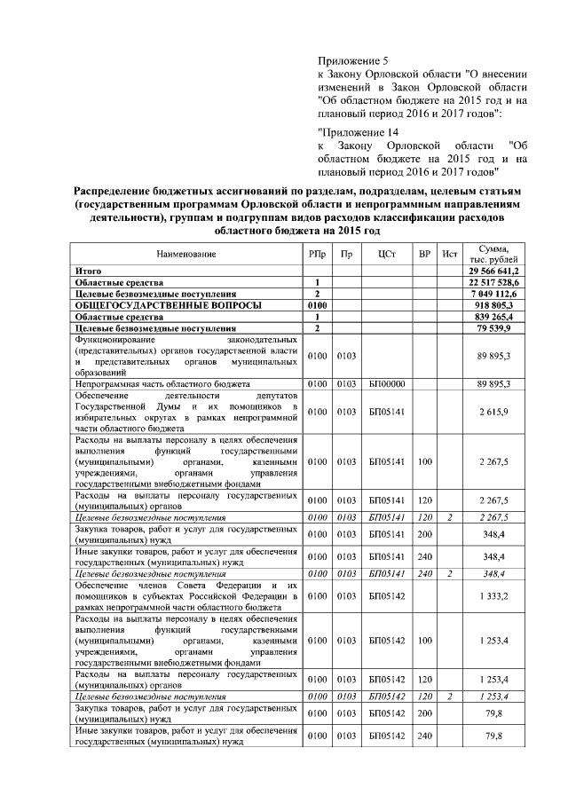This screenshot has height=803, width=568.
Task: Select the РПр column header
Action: tap(317, 255)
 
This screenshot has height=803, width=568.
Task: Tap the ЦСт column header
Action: tap(386, 255)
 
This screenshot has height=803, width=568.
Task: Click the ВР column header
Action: tap(425, 255)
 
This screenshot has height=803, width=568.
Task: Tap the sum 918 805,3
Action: tap(501, 305)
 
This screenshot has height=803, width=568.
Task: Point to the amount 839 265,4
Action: tap(501, 317)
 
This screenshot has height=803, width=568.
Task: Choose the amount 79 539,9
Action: tap(503, 328)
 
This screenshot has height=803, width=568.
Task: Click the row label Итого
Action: tap(87, 271)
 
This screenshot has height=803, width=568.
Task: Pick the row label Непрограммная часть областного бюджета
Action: tap(156, 384)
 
